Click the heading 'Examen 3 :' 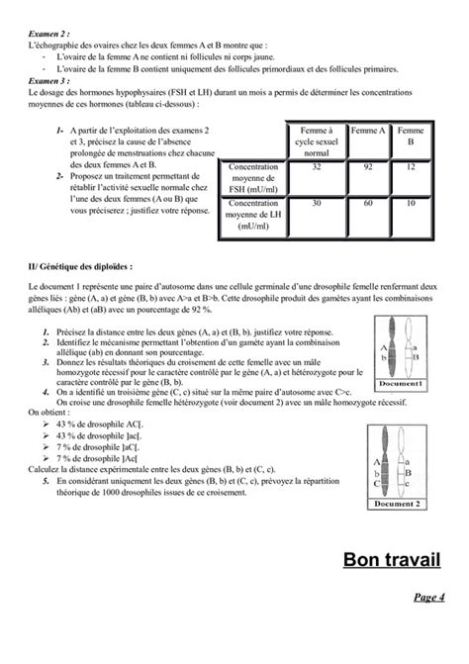click(48, 82)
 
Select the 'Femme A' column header click(368, 131)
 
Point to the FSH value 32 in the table click(317, 168)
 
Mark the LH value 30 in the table click(317, 204)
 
